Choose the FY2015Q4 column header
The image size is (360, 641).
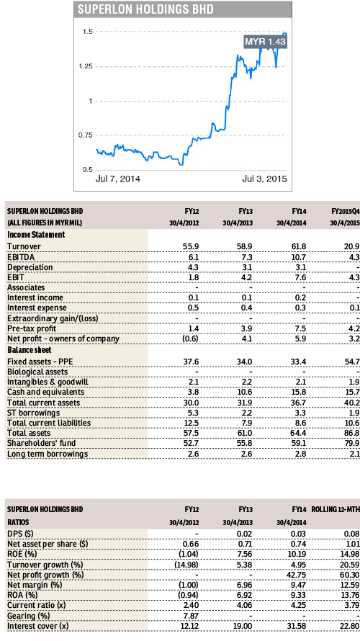337,211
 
